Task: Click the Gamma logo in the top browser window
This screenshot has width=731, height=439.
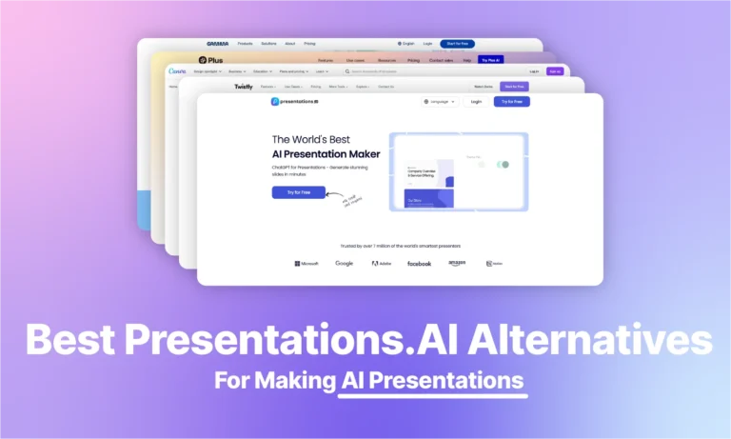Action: pyautogui.click(x=217, y=43)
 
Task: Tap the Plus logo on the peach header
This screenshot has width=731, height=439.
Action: pyautogui.click(x=202, y=60)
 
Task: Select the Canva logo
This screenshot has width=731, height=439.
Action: pyautogui.click(x=178, y=70)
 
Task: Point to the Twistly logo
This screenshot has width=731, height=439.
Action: pyautogui.click(x=244, y=87)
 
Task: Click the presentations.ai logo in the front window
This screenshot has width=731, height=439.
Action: pyautogui.click(x=295, y=101)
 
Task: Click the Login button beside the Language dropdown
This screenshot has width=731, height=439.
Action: pyautogui.click(x=476, y=101)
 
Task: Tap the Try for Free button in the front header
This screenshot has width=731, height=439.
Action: pyautogui.click(x=511, y=101)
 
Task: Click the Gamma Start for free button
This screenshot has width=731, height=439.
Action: pyautogui.click(x=457, y=43)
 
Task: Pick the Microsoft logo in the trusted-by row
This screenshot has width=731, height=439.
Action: pyautogui.click(x=306, y=263)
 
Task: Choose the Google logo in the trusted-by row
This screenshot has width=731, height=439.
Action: pyautogui.click(x=344, y=263)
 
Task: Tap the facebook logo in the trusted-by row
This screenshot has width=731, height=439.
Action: pyautogui.click(x=419, y=263)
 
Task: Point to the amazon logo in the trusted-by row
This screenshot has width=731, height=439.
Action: pyautogui.click(x=457, y=263)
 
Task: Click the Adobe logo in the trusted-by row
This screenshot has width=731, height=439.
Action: pyautogui.click(x=381, y=263)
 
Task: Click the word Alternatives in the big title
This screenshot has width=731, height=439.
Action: pyautogui.click(x=610, y=341)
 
